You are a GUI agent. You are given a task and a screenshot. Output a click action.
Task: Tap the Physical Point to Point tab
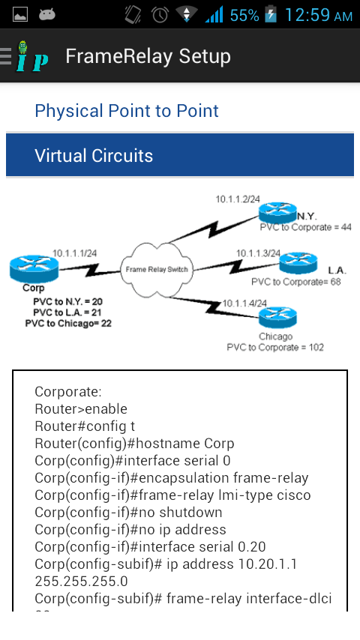click(x=127, y=111)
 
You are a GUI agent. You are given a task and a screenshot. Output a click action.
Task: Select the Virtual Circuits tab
click(x=94, y=156)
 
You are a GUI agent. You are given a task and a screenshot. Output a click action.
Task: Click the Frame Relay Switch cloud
click(x=157, y=269)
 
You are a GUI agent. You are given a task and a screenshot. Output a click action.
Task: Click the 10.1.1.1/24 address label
click(x=74, y=253)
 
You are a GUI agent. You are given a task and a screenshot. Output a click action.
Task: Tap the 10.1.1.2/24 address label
click(x=238, y=199)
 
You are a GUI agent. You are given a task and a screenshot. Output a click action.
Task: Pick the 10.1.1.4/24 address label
click(x=244, y=303)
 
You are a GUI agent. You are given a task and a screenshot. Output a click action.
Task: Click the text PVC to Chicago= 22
click(x=67, y=323)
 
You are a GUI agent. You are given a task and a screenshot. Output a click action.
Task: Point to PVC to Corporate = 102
click(x=276, y=348)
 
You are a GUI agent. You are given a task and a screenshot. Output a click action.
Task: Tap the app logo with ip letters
click(x=31, y=57)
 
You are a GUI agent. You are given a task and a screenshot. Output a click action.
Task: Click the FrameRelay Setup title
click(x=148, y=56)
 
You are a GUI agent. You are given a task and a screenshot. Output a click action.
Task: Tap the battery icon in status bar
click(x=270, y=15)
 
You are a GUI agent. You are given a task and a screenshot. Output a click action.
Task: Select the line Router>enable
click(x=81, y=409)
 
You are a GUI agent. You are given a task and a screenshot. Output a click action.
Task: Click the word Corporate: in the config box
click(x=67, y=392)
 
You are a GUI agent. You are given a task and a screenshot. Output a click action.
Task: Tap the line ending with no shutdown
click(x=128, y=513)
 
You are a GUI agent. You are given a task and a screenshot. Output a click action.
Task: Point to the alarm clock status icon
click(x=160, y=15)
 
